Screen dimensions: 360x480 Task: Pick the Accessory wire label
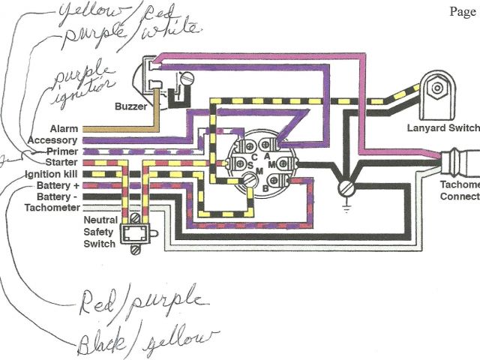53,140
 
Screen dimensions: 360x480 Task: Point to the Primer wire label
61,151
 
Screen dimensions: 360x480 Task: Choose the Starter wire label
60,162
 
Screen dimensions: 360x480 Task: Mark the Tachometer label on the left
52,207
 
